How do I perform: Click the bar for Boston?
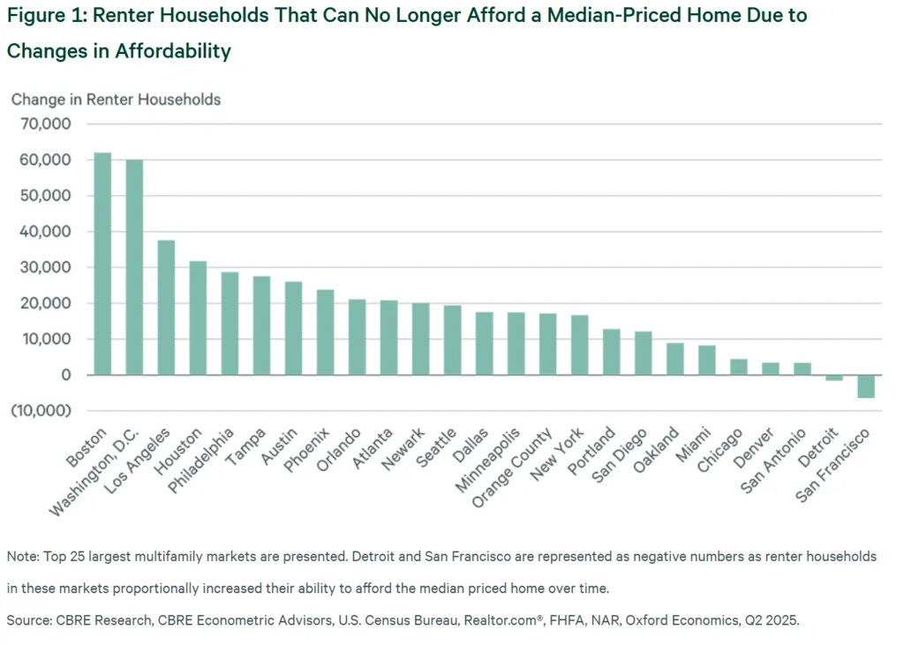pyautogui.click(x=102, y=264)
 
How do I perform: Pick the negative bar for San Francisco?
pyautogui.click(x=866, y=386)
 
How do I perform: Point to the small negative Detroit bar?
pyautogui.click(x=834, y=378)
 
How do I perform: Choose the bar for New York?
pyautogui.click(x=580, y=345)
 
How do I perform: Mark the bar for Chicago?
pyautogui.click(x=739, y=367)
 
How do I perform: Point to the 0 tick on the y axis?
pyautogui.click(x=67, y=375)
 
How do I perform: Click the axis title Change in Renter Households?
pyautogui.click(x=116, y=99)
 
